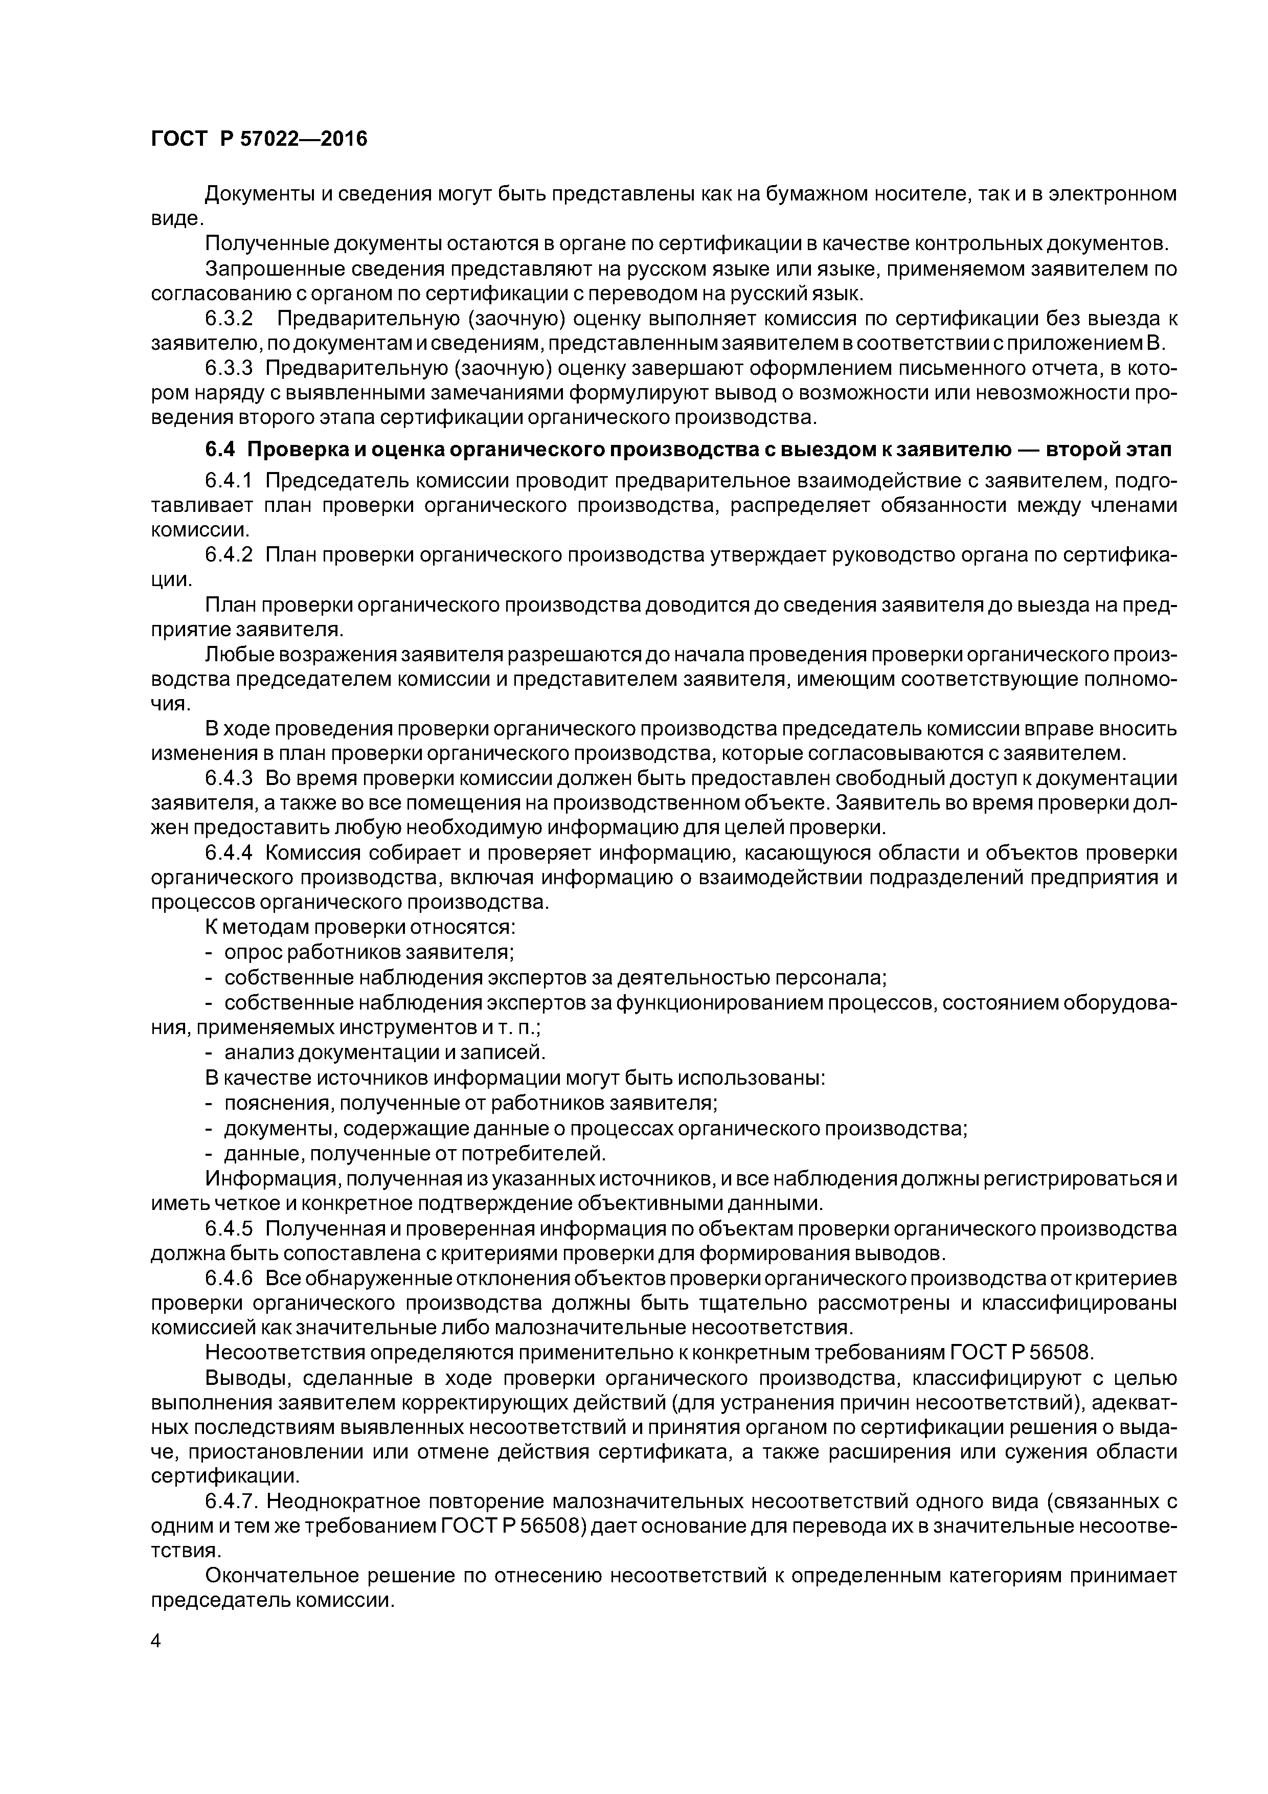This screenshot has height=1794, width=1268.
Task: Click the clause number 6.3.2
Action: pyautogui.click(x=229, y=319)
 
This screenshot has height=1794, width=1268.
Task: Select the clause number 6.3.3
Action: pyautogui.click(x=229, y=368)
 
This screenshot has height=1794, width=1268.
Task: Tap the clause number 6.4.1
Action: pyautogui.click(x=229, y=480)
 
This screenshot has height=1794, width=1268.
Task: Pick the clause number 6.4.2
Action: pyautogui.click(x=229, y=555)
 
